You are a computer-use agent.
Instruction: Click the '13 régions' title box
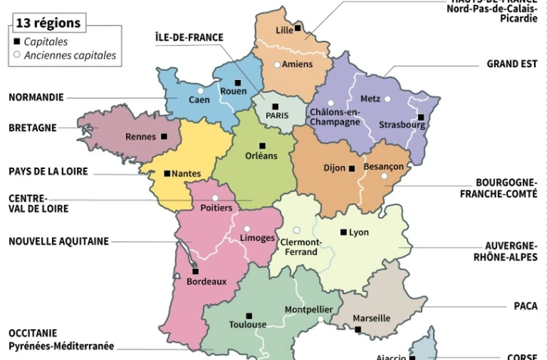tap(48, 23)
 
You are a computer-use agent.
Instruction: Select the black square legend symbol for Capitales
tap(17, 42)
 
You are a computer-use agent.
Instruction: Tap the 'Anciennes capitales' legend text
tap(70, 55)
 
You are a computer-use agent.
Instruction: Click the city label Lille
tap(284, 30)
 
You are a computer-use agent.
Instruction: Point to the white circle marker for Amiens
tap(277, 65)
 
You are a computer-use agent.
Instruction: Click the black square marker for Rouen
tap(238, 82)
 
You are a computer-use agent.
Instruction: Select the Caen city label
tap(199, 100)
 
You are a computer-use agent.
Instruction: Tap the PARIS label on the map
tap(277, 115)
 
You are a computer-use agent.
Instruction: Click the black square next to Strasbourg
tap(420, 117)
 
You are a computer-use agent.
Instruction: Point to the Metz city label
tap(370, 99)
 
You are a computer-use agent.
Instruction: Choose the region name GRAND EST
tap(512, 64)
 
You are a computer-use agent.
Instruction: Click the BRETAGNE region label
tap(32, 128)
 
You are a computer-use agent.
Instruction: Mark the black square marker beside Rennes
tap(164, 137)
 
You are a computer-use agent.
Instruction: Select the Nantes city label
tap(186, 174)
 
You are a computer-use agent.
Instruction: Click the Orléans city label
tap(261, 156)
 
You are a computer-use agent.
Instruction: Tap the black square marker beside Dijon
tap(352, 168)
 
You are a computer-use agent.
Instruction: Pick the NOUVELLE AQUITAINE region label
tap(59, 242)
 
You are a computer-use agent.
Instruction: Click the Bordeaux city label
tap(206, 282)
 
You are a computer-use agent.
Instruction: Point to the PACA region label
tap(525, 306)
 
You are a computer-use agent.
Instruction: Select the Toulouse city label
tap(247, 325)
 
